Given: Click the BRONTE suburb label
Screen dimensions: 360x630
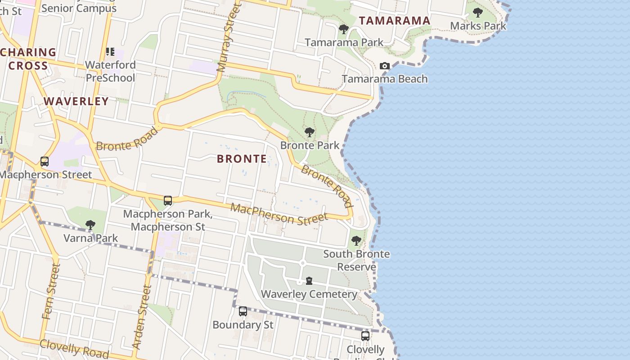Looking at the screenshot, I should (242, 159).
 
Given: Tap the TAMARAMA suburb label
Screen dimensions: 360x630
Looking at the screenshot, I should (395, 21).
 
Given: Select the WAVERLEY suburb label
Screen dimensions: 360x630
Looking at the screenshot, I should (76, 101).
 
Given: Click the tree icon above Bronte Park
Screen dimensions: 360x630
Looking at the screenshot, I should (309, 132).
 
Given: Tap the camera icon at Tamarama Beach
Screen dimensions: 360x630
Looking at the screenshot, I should (384, 66).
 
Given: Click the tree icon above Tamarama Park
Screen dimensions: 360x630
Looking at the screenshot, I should (344, 30).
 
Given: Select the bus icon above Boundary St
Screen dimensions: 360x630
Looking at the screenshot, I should (243, 311).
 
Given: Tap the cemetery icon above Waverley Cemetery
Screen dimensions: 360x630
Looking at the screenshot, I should (309, 281).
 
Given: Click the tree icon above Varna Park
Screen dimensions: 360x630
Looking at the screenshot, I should (90, 225).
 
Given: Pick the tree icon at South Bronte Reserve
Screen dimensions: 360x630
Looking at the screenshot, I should (356, 241).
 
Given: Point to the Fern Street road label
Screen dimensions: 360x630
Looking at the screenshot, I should (51, 292).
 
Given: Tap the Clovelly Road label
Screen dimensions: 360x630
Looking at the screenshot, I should (74, 349).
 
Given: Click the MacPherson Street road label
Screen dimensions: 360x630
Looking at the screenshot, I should (279, 214).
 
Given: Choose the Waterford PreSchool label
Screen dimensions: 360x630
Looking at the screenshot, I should (110, 71).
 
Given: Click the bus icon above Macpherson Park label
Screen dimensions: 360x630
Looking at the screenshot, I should (168, 201).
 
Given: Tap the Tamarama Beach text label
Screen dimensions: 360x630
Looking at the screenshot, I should (385, 79).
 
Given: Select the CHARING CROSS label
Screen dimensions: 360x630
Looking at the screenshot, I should (28, 59).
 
